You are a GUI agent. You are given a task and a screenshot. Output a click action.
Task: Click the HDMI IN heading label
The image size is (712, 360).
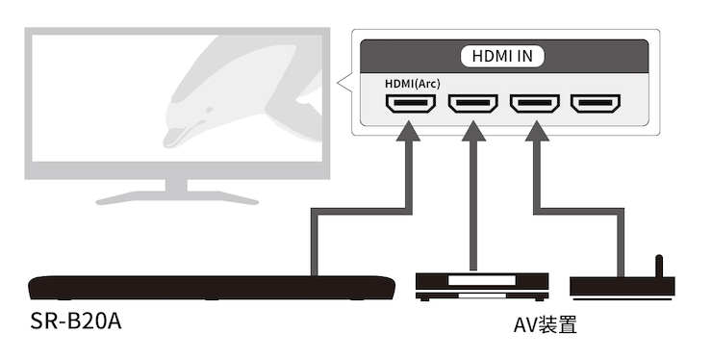click(502, 56)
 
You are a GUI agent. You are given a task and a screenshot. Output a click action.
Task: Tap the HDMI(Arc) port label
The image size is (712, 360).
click(413, 84)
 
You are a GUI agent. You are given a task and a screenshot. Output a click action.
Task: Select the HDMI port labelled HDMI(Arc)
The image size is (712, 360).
click(411, 104)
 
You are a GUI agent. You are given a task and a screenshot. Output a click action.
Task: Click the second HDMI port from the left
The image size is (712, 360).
click(472, 104)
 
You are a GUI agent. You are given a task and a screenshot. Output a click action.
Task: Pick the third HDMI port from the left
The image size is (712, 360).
click(534, 104)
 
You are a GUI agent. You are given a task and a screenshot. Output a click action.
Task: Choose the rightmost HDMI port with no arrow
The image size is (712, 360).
click(596, 104)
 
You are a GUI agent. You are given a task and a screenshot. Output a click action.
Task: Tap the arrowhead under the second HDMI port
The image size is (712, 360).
click(473, 131)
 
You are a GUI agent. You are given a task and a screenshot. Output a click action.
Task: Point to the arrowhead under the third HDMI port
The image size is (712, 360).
click(537, 131)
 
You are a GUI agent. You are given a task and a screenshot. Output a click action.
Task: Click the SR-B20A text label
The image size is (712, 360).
click(76, 321)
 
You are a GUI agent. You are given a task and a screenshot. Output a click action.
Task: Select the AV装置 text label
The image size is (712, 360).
click(545, 325)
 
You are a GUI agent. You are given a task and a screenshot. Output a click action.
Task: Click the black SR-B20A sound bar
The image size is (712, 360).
click(212, 287)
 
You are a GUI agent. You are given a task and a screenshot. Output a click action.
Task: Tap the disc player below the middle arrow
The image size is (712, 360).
click(482, 287)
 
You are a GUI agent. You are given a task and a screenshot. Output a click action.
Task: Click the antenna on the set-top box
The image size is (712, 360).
click(659, 267)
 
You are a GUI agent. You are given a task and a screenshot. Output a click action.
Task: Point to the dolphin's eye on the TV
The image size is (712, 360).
click(209, 110)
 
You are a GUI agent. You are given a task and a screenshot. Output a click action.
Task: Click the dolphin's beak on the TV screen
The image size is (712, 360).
click(175, 138)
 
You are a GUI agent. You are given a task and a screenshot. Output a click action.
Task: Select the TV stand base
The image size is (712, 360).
click(177, 197)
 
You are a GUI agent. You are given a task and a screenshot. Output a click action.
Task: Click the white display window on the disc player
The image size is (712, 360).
click(482, 280)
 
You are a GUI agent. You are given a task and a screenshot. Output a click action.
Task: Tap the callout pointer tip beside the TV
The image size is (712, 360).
click(338, 83)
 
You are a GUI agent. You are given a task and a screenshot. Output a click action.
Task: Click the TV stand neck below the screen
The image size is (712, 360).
click(176, 185)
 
